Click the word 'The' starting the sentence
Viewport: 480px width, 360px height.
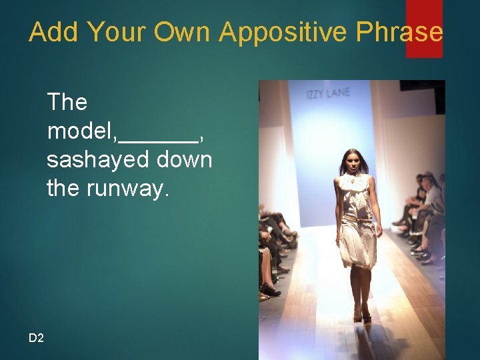[67, 102]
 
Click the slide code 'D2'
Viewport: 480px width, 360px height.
[36, 339]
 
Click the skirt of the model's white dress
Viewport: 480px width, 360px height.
[357, 243]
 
